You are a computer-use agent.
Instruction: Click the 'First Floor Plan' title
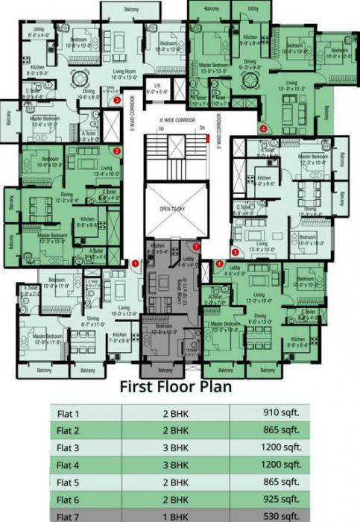coord(176,387)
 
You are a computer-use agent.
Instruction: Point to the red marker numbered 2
coord(117,151)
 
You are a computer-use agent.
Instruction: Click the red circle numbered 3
coord(116,99)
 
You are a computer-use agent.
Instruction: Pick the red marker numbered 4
coord(264,128)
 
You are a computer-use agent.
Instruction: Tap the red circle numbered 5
coord(236,252)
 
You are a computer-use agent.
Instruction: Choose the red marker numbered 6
coord(219,262)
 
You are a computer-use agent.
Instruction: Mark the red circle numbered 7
coord(196,246)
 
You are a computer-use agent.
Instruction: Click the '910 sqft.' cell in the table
coord(282,412)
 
